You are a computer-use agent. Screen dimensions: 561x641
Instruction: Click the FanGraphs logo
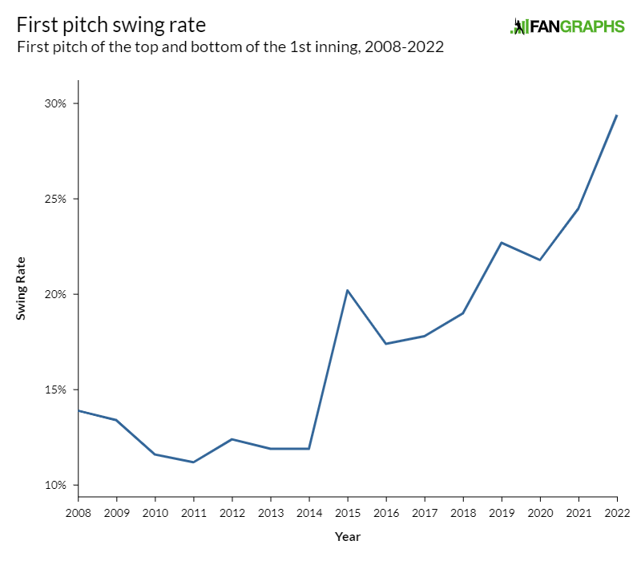[x=567, y=26]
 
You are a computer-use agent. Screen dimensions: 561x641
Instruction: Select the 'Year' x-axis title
[x=347, y=536]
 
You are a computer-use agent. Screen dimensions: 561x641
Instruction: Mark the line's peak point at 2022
[x=616, y=115]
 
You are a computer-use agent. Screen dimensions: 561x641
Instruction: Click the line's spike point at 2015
[x=348, y=290]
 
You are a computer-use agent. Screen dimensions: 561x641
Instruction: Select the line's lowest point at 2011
[x=194, y=462]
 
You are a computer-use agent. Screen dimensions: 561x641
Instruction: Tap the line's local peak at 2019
[x=502, y=242]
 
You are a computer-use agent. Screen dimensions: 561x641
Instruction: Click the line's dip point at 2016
[x=386, y=344]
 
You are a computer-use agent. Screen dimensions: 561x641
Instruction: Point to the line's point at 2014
[x=309, y=449]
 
